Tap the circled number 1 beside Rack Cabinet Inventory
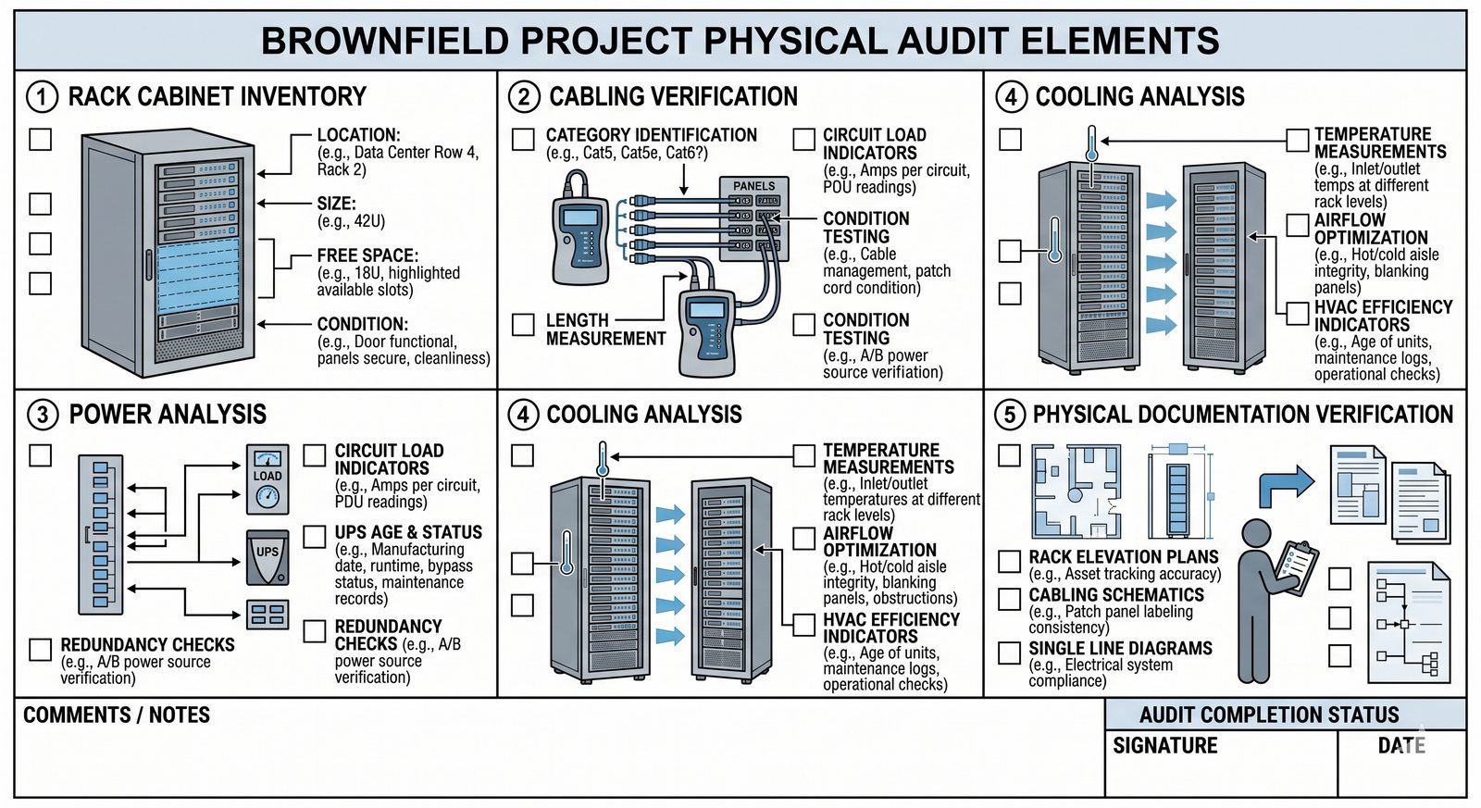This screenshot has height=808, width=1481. click(42, 97)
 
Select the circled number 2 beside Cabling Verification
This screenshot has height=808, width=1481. click(524, 97)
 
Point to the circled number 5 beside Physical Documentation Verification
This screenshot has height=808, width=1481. click(1010, 415)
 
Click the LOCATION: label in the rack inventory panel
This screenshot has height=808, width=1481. click(358, 135)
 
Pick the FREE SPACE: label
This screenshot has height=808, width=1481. click(367, 255)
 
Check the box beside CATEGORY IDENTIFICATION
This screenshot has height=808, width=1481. click(524, 139)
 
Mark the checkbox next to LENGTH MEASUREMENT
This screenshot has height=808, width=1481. click(524, 324)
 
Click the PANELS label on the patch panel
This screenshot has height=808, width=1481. click(753, 186)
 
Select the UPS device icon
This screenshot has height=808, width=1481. click(268, 556)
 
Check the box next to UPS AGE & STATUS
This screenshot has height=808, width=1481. click(315, 536)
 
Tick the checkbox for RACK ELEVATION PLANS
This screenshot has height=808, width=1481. click(1010, 561)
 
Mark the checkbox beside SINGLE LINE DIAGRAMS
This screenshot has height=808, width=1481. click(1010, 653)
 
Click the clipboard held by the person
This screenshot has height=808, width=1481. click(1298, 564)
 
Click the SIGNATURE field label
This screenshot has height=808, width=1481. click(1164, 746)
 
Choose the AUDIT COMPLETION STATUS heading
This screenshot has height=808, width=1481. click(1269, 715)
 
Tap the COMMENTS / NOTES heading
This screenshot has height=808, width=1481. click(117, 715)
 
